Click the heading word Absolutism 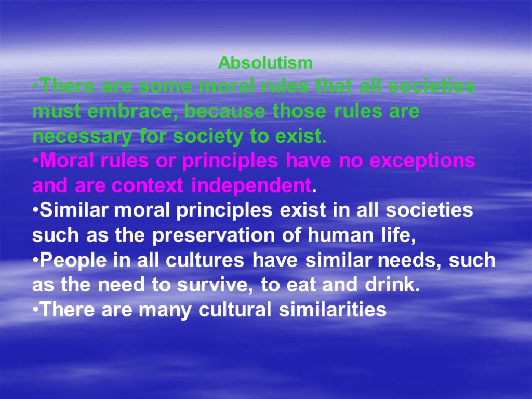click(265, 63)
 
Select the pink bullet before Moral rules click(35, 162)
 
